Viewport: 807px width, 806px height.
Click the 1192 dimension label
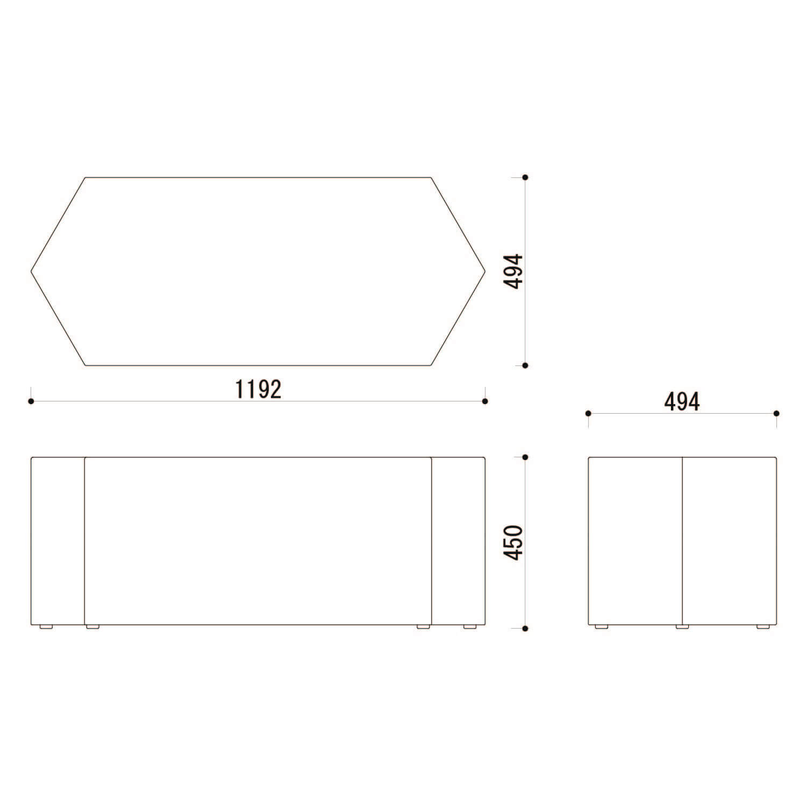coord(258,389)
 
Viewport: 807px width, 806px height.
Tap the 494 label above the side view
coord(682,401)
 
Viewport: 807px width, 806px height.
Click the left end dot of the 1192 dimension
coord(31,401)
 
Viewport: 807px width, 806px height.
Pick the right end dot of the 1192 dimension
coord(485,401)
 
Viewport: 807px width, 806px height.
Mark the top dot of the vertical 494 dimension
coord(525,177)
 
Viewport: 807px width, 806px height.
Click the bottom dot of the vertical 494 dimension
coord(525,365)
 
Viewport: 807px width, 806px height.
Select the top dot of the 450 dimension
coord(525,457)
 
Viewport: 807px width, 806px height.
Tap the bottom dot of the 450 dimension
coord(525,628)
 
